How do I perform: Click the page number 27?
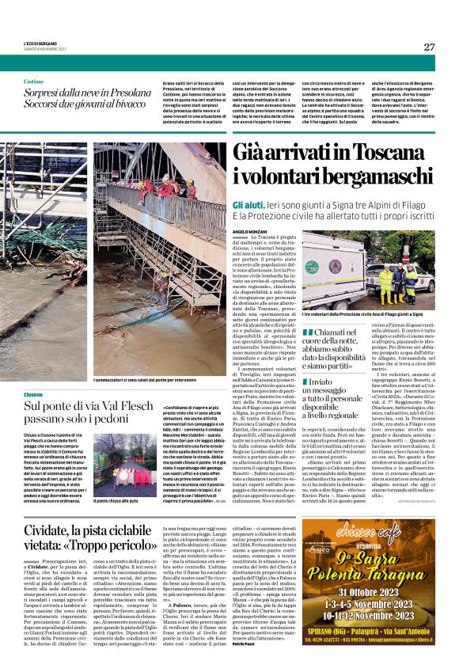pos(428,47)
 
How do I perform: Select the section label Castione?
pos(34,82)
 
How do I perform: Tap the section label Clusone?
pos(33,393)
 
